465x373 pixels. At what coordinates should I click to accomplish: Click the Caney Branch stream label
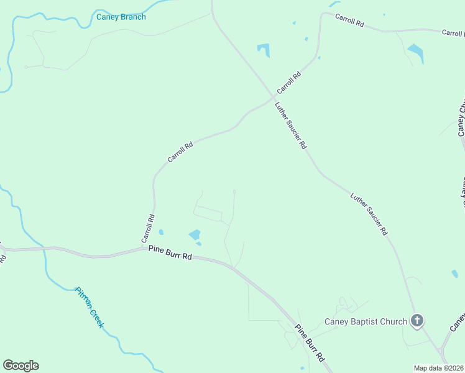coord(121,17)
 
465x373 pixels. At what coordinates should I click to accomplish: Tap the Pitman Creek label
coord(89,307)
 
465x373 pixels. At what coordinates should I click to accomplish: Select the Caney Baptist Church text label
coord(366,321)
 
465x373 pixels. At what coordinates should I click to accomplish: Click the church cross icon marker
coord(417,321)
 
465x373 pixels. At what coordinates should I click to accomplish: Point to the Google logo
coord(21,365)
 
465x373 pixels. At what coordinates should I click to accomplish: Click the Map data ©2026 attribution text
coord(438,368)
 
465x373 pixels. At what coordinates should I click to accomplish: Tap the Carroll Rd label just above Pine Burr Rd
coord(148,228)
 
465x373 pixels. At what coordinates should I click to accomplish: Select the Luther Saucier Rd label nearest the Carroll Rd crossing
coord(291,125)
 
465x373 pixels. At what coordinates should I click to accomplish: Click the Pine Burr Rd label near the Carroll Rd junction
coord(170,252)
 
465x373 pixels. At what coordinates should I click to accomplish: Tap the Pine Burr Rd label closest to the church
coord(310,343)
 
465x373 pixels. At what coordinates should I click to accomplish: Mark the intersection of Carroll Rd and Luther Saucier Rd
coord(273,96)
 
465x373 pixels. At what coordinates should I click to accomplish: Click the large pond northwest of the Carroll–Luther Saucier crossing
coord(264,49)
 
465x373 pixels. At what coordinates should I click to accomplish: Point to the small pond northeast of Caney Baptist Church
coord(454,274)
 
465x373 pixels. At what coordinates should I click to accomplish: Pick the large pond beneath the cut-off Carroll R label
coord(416,52)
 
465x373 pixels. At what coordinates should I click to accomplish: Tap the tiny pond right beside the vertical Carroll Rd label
coord(161,233)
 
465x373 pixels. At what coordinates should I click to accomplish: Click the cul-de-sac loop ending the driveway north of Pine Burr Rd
coord(234,191)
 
